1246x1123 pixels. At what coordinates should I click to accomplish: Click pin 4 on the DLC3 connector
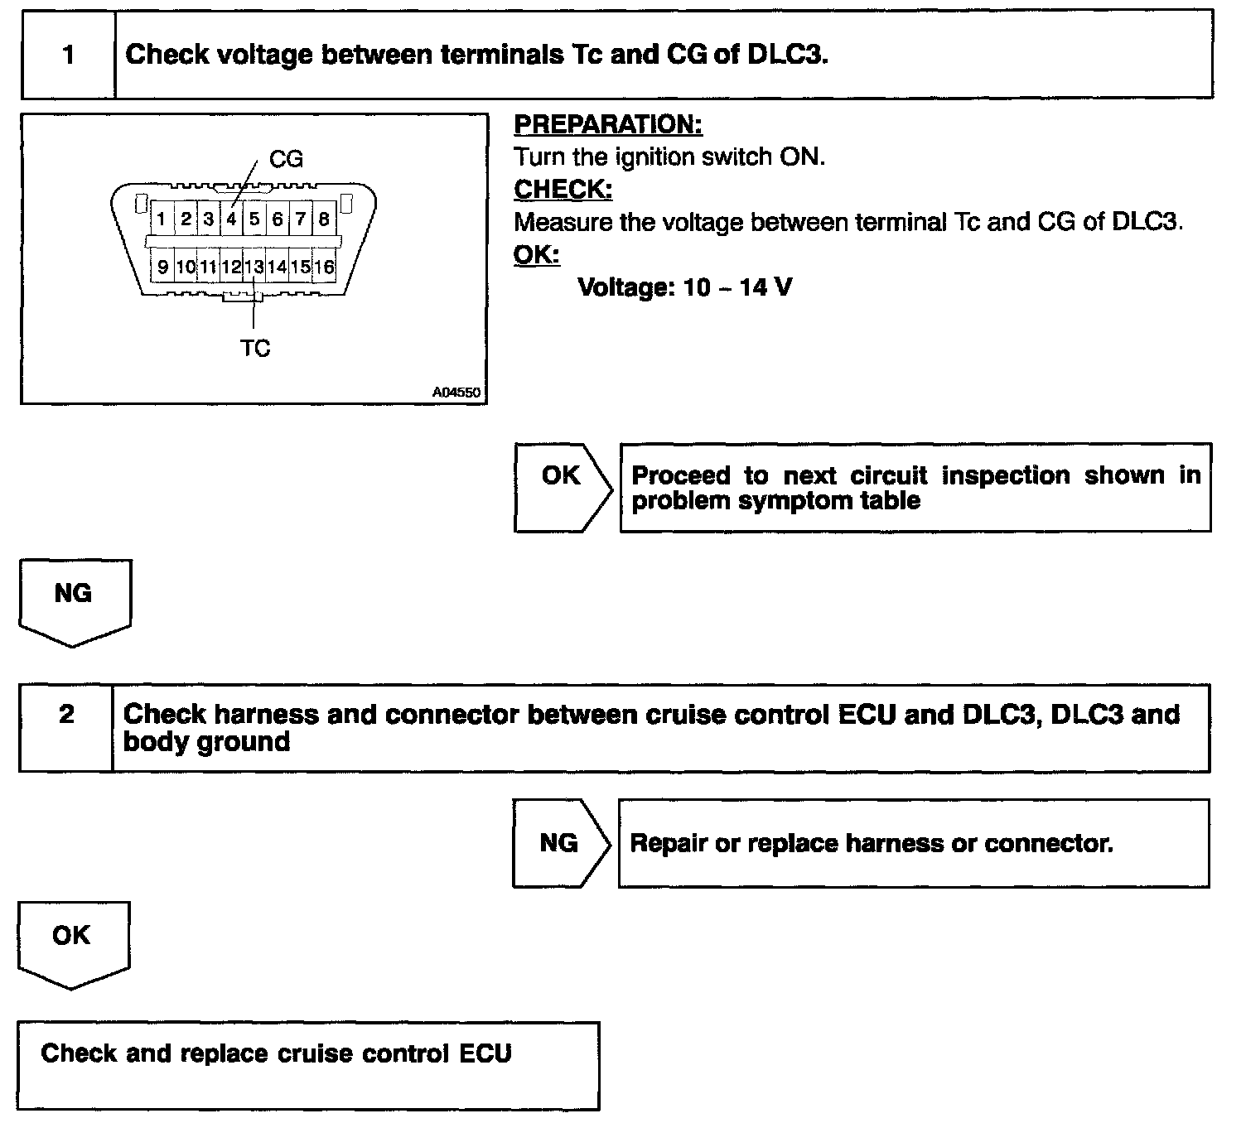[x=232, y=219]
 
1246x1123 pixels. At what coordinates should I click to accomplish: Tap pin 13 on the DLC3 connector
[x=254, y=267]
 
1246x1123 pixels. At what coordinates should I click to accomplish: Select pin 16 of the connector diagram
[x=324, y=267]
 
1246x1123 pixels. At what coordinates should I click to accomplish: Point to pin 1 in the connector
[x=162, y=219]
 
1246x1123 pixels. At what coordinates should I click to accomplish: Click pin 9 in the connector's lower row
[x=162, y=267]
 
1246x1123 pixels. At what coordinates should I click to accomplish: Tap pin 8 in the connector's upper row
[x=324, y=219]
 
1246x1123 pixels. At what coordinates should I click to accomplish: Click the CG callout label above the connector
[x=286, y=159]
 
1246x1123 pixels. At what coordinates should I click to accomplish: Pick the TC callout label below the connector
[x=255, y=349]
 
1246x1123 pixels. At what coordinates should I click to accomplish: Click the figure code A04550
[x=456, y=393]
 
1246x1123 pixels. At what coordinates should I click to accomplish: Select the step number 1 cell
[x=69, y=55]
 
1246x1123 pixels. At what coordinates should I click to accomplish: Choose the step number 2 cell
[x=67, y=715]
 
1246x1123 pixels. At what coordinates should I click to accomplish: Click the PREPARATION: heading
[x=608, y=125]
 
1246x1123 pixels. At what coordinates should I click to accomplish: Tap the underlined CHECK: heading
[x=563, y=190]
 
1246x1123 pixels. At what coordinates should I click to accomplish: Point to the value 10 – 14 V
[x=737, y=287]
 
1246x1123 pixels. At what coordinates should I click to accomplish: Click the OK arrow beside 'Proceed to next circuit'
[x=562, y=476]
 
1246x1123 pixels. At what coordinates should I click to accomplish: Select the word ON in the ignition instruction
[x=801, y=157]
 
